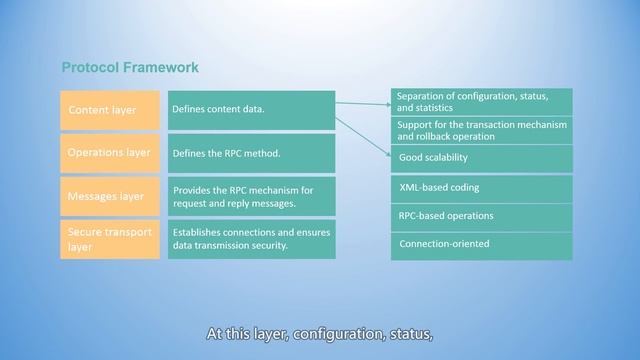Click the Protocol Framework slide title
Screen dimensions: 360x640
(x=130, y=68)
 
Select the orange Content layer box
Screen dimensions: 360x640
(x=110, y=110)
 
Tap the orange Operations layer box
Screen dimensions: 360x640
(x=110, y=153)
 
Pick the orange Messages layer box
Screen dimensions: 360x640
(x=110, y=196)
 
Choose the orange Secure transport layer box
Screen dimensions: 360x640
(x=110, y=239)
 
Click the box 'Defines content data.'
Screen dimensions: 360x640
(x=250, y=110)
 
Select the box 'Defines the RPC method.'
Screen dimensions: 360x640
(x=250, y=153)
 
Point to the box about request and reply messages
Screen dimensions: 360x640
(x=250, y=196)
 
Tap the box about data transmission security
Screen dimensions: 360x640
(x=250, y=239)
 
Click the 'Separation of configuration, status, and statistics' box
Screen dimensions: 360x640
(x=481, y=101)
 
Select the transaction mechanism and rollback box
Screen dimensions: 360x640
(x=481, y=130)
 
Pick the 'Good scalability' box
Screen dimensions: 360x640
(x=481, y=158)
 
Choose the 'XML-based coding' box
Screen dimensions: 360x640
(x=481, y=187)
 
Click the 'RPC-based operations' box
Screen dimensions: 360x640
(x=481, y=215)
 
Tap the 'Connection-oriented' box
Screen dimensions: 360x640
(x=481, y=243)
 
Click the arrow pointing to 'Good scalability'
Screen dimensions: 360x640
(x=363, y=137)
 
